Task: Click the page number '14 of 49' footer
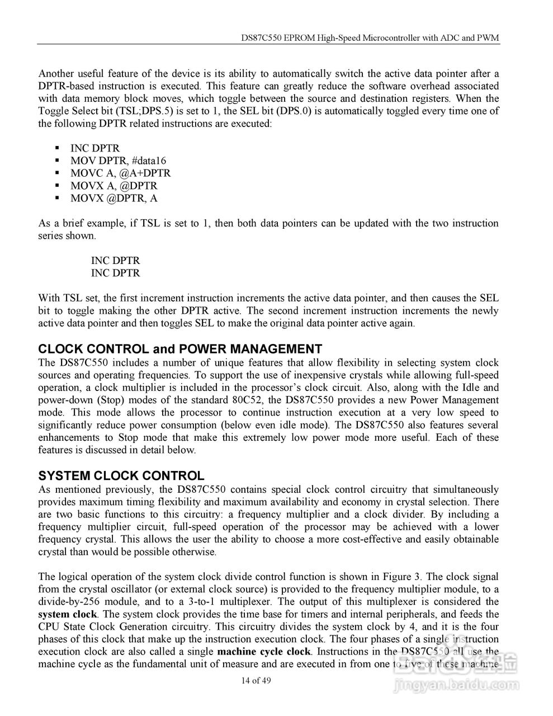click(256, 681)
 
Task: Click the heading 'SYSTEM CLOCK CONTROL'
click(121, 476)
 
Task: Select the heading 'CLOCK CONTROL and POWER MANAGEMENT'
click(179, 350)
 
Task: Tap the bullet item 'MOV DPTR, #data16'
click(118, 161)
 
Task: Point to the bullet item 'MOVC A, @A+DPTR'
click(120, 173)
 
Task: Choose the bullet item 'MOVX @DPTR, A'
click(114, 198)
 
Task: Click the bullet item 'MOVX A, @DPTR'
click(114, 186)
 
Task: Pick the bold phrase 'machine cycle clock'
click(263, 652)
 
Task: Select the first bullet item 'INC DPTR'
click(95, 149)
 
